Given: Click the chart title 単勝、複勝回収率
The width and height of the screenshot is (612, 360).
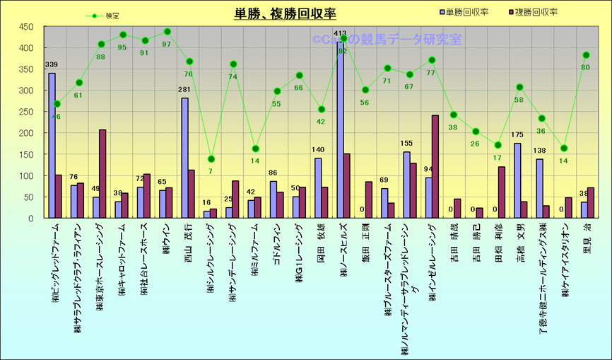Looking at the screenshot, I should [x=285, y=13].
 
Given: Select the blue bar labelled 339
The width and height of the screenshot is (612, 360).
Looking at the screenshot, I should [x=52, y=145].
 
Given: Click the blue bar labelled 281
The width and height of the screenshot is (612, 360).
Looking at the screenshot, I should [x=184, y=158].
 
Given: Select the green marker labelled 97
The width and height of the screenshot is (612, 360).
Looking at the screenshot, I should [x=167, y=31].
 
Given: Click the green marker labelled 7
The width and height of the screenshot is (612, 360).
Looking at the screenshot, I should [x=211, y=158].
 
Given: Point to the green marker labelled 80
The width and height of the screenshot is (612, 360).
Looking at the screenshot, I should [x=586, y=55].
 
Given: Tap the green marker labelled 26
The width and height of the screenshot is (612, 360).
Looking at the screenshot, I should [x=476, y=132].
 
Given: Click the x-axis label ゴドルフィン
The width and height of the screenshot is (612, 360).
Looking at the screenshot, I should [x=276, y=245].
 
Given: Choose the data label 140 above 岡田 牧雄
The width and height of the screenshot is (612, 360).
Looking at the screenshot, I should [x=318, y=150].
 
